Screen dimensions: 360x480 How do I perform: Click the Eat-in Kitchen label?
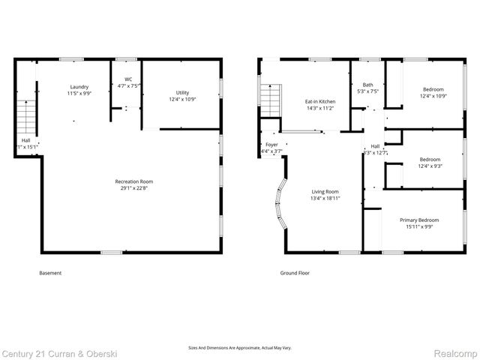pyautogui.click(x=319, y=101)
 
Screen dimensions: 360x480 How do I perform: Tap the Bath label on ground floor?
pyautogui.click(x=367, y=85)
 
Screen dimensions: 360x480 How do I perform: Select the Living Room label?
pyautogui.click(x=325, y=191)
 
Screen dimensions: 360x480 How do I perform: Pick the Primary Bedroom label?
pyautogui.click(x=418, y=220)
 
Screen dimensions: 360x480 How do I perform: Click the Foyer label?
pyautogui.click(x=271, y=145)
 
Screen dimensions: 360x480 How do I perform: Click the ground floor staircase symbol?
pyautogui.click(x=269, y=98)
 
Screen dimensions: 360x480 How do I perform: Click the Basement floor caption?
pyautogui.click(x=50, y=273)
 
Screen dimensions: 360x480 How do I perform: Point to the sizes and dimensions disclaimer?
pyautogui.click(x=239, y=347)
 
